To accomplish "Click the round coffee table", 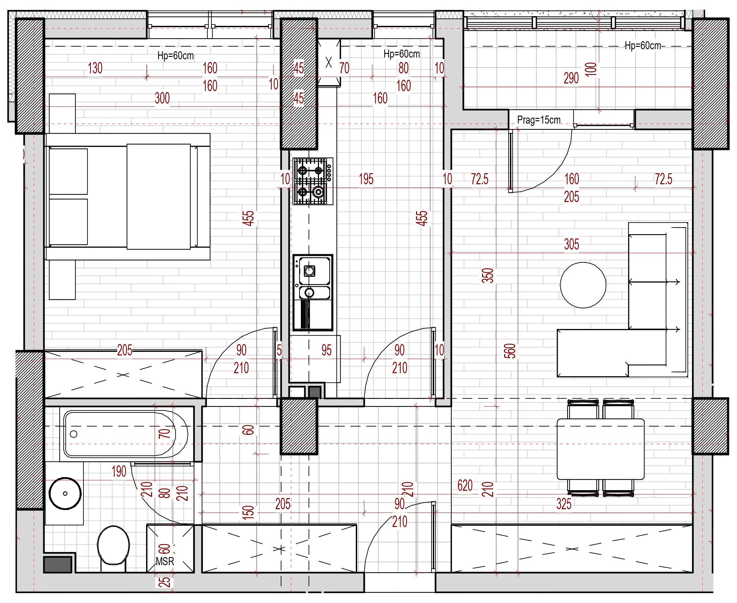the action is click(x=583, y=285).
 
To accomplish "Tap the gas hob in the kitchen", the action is click(x=313, y=181).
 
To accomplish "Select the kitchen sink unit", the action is click(x=313, y=292).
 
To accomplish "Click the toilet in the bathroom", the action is click(x=113, y=545).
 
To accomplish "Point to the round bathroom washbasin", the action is click(x=65, y=493).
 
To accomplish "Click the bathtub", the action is click(x=124, y=434).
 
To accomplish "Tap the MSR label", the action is click(x=164, y=561).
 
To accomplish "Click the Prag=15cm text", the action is click(x=539, y=120).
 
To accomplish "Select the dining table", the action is click(x=601, y=449).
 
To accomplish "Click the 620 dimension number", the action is click(x=465, y=485).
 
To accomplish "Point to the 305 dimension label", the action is click(x=571, y=244).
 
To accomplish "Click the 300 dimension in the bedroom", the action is click(x=162, y=98).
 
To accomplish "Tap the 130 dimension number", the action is click(x=95, y=68).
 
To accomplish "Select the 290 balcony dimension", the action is click(x=571, y=78).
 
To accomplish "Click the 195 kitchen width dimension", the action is click(x=366, y=179).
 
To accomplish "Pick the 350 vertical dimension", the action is click(x=488, y=275).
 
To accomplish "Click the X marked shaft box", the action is click(x=329, y=62).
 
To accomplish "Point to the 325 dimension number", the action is click(x=564, y=504).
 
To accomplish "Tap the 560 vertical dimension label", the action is click(x=510, y=351).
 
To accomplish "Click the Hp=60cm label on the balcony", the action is click(x=643, y=46).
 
